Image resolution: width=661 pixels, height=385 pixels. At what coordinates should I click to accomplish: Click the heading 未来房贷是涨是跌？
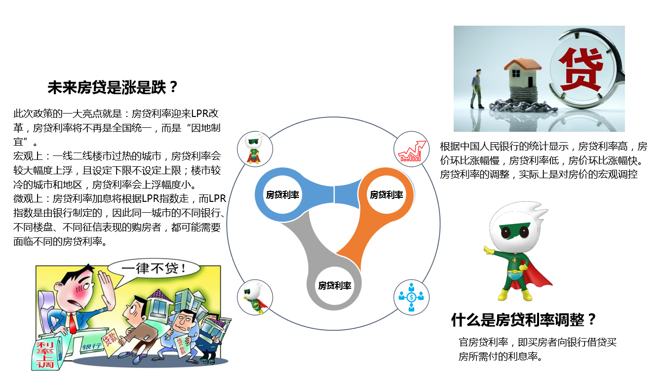(x=113, y=88)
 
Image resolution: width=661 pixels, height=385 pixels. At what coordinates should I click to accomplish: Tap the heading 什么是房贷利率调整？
(x=523, y=319)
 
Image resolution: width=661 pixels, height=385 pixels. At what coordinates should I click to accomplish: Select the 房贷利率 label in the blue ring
(x=282, y=194)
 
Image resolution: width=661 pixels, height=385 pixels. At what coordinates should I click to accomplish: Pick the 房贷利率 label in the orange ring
(x=386, y=194)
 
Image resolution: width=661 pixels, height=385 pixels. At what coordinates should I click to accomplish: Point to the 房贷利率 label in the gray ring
(x=334, y=286)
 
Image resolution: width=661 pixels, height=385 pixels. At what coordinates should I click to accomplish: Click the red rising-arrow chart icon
(x=412, y=152)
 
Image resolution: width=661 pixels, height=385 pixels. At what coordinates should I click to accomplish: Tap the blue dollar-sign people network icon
(x=411, y=297)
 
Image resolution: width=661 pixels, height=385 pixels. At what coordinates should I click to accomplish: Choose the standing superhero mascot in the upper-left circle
(x=254, y=150)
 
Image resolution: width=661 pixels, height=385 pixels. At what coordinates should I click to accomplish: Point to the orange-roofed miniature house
(x=523, y=73)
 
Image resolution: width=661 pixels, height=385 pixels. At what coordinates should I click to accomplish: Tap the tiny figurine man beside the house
(x=477, y=89)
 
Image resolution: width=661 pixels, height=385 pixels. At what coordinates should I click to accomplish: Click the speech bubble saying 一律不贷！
(x=154, y=269)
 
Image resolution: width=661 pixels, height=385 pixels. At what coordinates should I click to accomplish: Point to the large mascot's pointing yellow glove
(x=489, y=250)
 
